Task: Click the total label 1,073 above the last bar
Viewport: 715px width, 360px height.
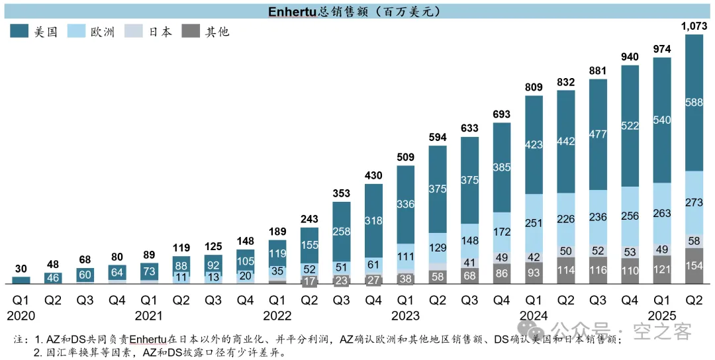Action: [694, 26]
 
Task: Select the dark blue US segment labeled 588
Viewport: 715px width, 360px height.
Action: [694, 102]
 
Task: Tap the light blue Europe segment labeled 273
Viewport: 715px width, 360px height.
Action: [694, 202]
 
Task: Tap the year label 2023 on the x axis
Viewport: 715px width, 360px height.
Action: [406, 316]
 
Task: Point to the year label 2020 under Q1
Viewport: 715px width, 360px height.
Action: [21, 316]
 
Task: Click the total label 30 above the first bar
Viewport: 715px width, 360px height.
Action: [21, 269]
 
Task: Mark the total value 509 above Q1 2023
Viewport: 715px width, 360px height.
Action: [406, 157]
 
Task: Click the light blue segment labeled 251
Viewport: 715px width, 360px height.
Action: [534, 223]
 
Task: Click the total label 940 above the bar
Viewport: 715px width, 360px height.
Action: [630, 57]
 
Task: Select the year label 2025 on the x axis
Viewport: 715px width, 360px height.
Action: [661, 316]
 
